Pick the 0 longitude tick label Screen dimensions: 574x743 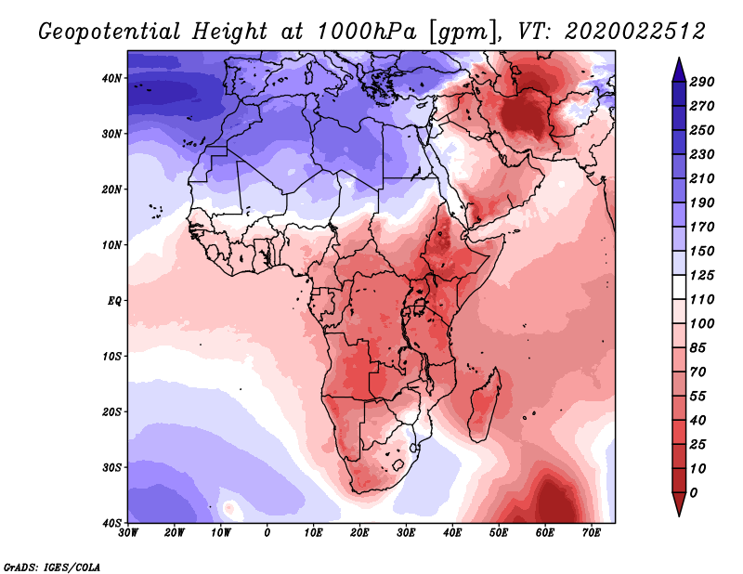point(267,533)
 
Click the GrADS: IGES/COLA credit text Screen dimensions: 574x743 point(52,566)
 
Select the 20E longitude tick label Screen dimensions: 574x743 point(360,533)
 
